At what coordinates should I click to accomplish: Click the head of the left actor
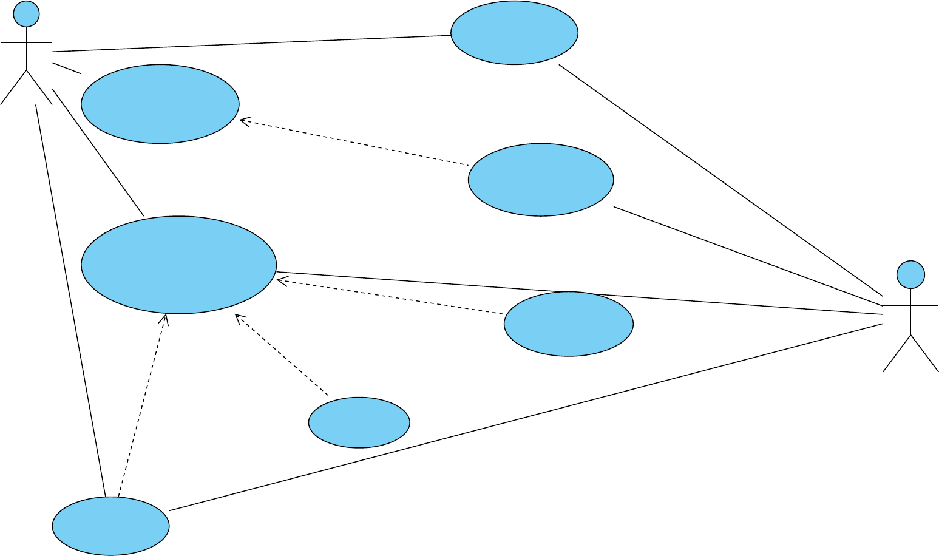[x=26, y=13]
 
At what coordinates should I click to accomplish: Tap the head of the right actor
[x=910, y=274]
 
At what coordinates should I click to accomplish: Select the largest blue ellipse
[x=178, y=265]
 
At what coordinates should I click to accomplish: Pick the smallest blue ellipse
[x=359, y=422]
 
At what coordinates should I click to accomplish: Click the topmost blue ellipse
[x=514, y=33]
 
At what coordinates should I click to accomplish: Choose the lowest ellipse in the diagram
[x=110, y=526]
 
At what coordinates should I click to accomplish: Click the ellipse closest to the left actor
[x=160, y=104]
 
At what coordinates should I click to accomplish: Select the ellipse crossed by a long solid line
[x=568, y=324]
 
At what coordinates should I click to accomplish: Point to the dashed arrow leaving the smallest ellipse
[x=282, y=355]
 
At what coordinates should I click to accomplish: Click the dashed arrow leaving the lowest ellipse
[x=143, y=405]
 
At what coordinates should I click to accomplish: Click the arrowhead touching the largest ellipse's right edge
[x=280, y=280]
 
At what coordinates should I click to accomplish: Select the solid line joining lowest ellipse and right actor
[x=526, y=417]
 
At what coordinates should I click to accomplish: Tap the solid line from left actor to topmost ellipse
[x=251, y=44]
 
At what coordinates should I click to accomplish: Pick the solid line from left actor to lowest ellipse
[x=70, y=300]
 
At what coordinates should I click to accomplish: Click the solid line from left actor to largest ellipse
[x=98, y=152]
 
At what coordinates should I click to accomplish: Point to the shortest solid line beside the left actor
[x=67, y=68]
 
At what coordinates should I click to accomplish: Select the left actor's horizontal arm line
[x=26, y=43]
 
